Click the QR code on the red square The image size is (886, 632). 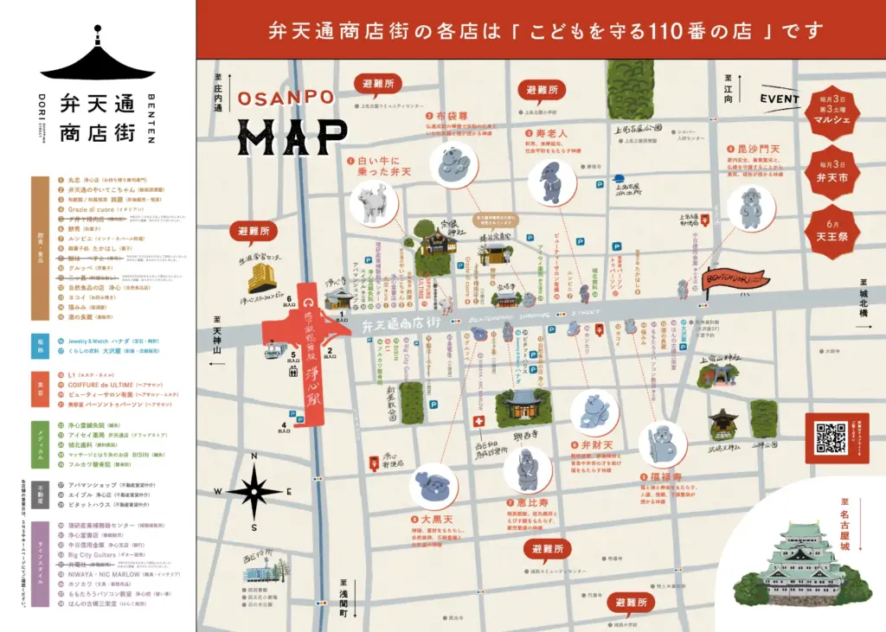click(x=831, y=437)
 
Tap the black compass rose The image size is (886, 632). click(x=254, y=490)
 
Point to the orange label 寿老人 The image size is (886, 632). click(x=550, y=134)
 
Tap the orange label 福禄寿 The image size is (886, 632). click(x=666, y=476)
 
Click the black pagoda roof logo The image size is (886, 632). click(x=96, y=61)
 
